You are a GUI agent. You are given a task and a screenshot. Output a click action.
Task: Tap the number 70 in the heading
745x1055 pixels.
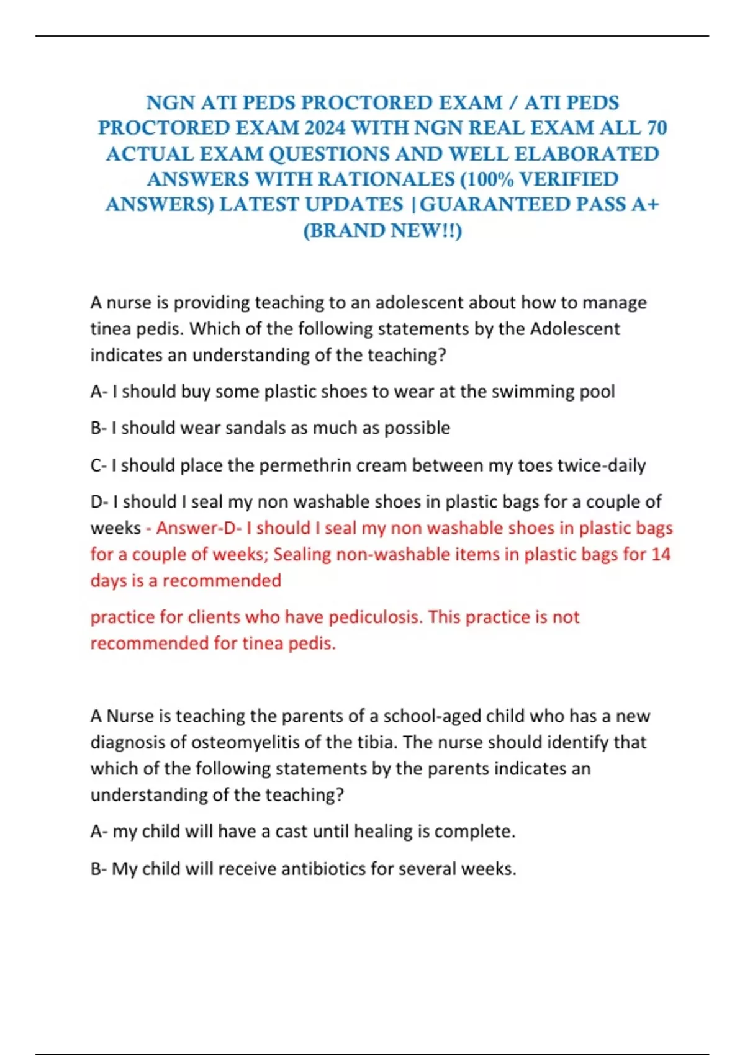656,128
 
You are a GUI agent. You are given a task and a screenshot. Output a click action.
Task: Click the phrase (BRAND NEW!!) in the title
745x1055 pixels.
382,230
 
